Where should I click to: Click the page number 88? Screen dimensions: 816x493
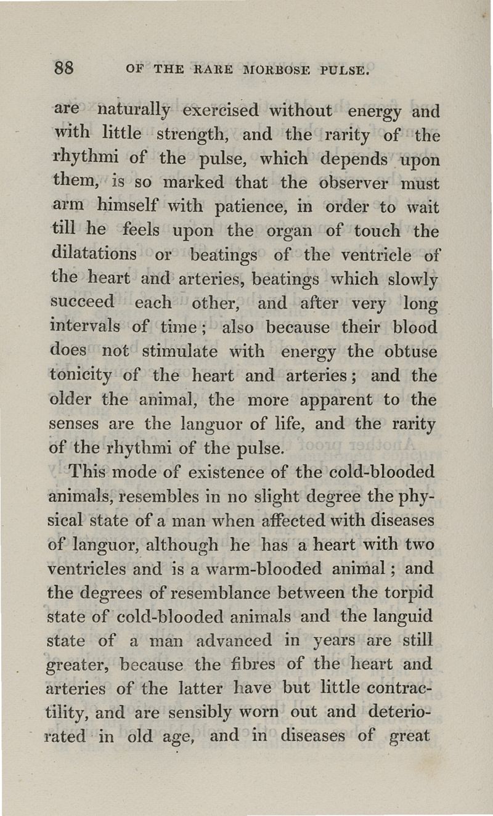(63, 66)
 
